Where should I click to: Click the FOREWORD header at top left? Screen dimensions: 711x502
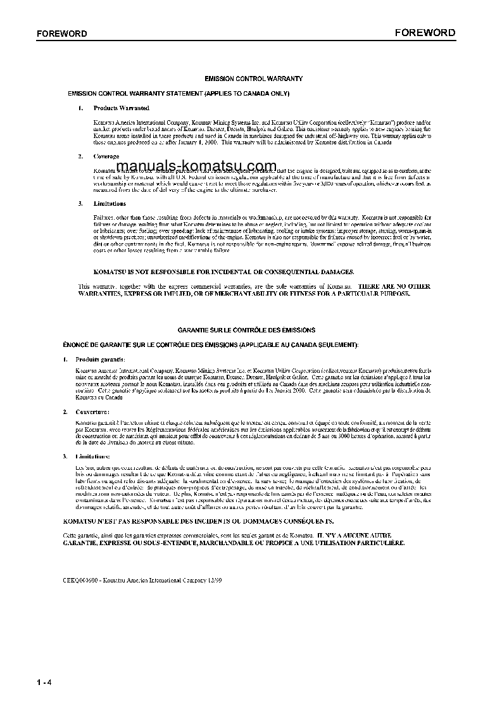coord(62,34)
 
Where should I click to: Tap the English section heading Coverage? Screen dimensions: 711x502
coord(106,156)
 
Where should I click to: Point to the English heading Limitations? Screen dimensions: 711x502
coord(110,204)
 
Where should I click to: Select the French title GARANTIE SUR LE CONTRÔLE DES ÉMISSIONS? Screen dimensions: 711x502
coord(246,330)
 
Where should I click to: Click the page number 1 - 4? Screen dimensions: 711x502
coord(44,682)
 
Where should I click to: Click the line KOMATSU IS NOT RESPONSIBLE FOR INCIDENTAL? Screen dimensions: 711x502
coord(215,271)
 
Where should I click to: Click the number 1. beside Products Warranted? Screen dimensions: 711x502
coord(80,108)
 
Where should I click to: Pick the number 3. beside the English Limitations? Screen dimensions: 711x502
coord(80,204)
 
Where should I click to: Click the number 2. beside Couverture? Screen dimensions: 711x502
coord(65,412)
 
